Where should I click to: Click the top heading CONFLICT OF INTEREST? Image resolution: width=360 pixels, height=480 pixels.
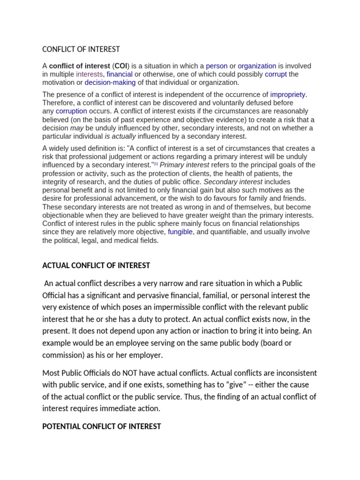point(81,49)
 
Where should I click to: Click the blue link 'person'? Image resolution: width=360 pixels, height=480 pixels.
point(217,66)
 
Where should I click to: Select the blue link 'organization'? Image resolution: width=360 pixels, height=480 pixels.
point(257,66)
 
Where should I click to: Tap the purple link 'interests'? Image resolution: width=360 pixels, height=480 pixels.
point(89,74)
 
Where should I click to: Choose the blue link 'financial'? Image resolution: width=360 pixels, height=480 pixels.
point(120,74)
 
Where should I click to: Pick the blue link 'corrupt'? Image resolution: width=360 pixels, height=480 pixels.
point(276,74)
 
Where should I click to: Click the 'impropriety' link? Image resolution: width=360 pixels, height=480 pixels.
point(288,95)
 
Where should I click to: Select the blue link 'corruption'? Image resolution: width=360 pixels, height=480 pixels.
point(71,111)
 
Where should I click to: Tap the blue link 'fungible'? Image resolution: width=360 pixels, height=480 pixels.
point(180,232)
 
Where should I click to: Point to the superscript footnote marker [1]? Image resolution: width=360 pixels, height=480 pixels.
point(156,164)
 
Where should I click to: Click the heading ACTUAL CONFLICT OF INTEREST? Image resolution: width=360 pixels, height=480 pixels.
point(96,265)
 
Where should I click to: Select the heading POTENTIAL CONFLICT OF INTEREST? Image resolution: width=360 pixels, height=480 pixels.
point(102,427)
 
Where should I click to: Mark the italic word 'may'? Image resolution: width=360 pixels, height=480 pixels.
point(76,128)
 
